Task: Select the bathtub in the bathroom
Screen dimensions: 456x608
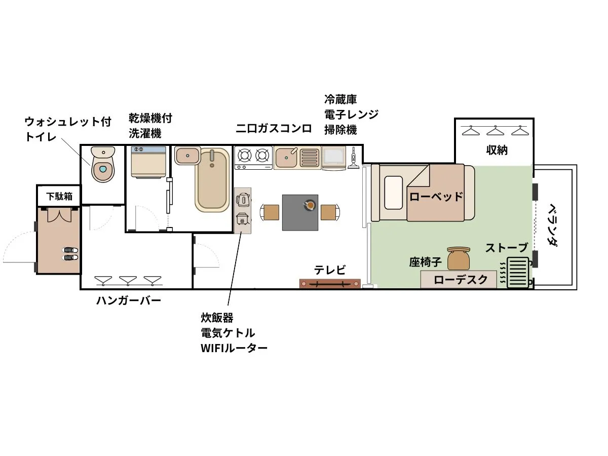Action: [x=212, y=180]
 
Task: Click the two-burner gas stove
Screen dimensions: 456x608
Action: [x=253, y=157]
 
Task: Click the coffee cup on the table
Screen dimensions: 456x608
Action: [x=309, y=205]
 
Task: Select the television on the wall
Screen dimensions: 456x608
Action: [x=330, y=284]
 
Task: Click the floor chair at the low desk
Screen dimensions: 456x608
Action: [x=459, y=258]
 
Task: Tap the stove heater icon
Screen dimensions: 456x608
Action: [x=517, y=272]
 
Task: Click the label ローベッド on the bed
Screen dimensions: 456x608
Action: [x=436, y=196]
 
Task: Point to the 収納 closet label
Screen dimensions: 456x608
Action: [x=497, y=150]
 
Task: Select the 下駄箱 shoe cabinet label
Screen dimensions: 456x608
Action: [x=59, y=196]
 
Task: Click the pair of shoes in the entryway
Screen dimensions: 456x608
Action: [x=70, y=254]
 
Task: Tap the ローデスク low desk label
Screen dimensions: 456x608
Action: [x=461, y=280]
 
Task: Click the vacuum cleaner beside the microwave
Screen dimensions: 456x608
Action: [x=353, y=158]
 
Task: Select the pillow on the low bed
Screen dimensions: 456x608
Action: [x=393, y=193]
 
